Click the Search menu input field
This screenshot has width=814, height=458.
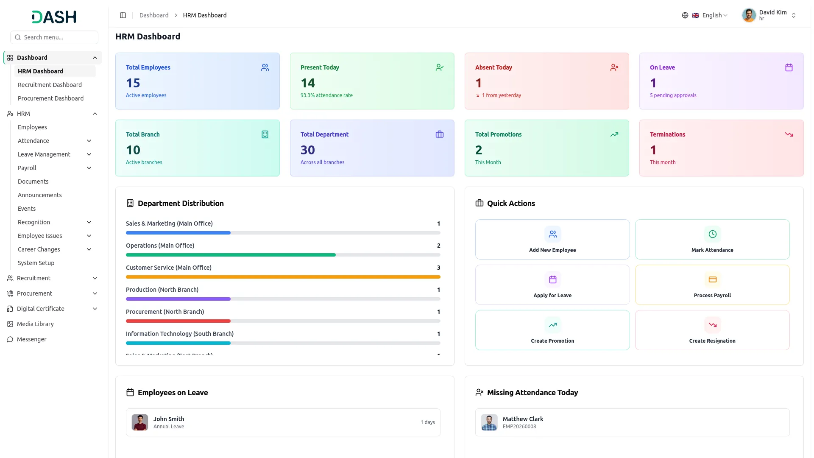[54, 37]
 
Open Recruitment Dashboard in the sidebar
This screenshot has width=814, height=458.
[50, 85]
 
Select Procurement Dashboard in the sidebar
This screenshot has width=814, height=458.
[50, 98]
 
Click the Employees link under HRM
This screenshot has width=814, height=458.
[32, 127]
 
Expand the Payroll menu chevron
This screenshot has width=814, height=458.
[89, 168]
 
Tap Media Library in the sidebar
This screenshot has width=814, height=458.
[35, 324]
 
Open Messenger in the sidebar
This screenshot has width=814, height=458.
[31, 339]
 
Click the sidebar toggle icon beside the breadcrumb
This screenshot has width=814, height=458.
[123, 15]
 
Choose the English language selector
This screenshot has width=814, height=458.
[705, 15]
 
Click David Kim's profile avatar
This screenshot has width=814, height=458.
[749, 15]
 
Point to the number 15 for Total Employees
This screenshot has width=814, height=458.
[133, 83]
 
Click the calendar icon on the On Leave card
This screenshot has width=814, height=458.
[789, 67]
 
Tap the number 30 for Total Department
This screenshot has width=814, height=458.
[308, 150]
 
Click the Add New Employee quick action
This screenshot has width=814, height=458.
[552, 239]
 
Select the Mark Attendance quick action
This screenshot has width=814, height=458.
[712, 239]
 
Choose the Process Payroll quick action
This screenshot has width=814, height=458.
[712, 285]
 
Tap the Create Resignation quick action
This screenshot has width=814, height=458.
[712, 330]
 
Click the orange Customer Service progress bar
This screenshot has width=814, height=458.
[283, 277]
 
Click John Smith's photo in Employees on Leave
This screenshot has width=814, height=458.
[140, 422]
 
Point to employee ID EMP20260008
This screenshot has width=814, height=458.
[519, 427]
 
